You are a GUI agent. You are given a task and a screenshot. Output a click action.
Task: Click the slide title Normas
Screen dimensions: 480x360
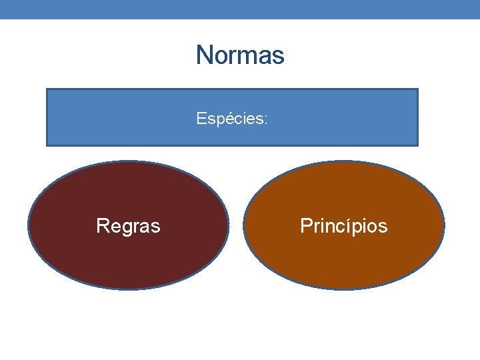(240, 55)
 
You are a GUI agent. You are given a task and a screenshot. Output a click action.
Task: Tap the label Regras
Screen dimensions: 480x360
(128, 226)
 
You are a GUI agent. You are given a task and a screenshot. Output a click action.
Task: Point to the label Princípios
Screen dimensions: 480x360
(343, 226)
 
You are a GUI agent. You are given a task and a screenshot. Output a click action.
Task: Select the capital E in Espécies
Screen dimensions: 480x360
(201, 119)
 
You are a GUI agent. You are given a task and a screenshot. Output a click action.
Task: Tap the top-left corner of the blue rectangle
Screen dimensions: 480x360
(46, 89)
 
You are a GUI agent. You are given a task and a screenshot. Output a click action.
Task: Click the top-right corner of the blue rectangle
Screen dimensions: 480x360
(417, 89)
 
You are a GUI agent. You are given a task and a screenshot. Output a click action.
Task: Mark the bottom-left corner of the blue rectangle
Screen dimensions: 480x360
(46, 145)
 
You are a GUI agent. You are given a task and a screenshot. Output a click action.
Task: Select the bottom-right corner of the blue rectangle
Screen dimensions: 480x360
(417, 145)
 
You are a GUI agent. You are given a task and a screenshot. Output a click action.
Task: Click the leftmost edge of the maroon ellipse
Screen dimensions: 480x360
(29, 225)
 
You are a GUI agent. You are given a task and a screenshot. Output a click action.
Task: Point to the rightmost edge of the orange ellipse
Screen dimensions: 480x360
(444, 225)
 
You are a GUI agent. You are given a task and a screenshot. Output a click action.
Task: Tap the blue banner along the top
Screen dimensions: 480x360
(240, 9)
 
